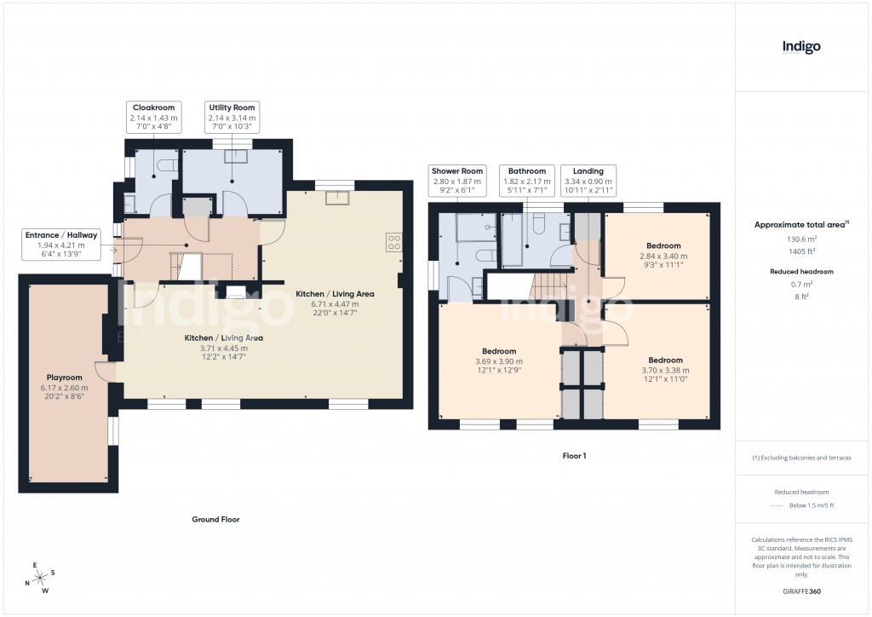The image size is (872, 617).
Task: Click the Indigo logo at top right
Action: [x=801, y=48]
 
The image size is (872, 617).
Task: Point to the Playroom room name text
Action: [x=64, y=376]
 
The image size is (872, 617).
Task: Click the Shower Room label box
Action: [x=456, y=181]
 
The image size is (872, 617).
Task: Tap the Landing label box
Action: [x=588, y=181]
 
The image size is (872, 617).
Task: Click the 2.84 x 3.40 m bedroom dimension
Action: [x=663, y=256]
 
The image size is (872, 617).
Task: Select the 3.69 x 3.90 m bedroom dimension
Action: [x=499, y=362]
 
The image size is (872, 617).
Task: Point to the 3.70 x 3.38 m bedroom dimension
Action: [x=664, y=370]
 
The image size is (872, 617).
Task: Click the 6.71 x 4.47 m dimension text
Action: [x=334, y=303]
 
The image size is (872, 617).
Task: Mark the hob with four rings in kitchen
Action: [x=393, y=243]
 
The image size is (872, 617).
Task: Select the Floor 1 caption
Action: [x=574, y=456]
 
